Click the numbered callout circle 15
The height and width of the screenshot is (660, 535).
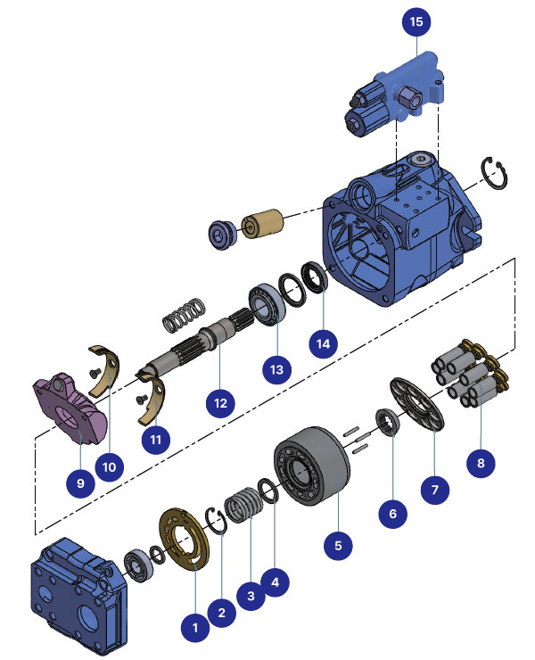pyautogui.click(x=415, y=21)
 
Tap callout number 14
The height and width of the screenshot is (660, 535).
pyautogui.click(x=323, y=341)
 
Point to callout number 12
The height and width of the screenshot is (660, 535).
pyautogui.click(x=218, y=402)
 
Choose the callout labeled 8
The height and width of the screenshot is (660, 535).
pyautogui.click(x=481, y=463)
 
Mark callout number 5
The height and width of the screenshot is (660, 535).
pyautogui.click(x=340, y=542)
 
